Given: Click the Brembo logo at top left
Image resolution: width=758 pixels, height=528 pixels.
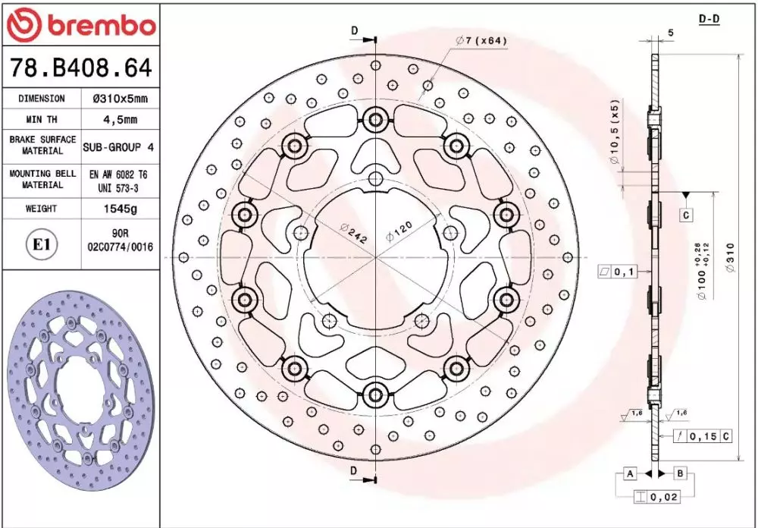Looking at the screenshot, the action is click(x=81, y=25).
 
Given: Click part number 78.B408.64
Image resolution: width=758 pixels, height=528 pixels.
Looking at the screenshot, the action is click(x=81, y=68).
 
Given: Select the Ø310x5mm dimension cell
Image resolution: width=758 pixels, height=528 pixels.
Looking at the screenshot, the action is click(x=121, y=99).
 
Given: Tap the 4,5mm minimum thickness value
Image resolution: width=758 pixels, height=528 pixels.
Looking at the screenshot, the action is click(x=121, y=119).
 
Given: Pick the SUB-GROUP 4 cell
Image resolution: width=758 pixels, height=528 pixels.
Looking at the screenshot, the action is click(x=118, y=146).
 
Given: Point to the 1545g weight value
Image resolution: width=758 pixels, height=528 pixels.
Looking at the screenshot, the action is click(x=121, y=209).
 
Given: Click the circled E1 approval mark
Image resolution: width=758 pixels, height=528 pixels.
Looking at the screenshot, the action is click(x=42, y=244).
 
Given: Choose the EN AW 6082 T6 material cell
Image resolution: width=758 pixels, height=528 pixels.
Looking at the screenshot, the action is click(x=118, y=181).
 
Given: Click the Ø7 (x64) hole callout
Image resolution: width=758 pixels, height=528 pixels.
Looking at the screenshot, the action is click(x=481, y=41).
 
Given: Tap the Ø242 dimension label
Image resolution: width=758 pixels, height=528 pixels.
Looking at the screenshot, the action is click(x=353, y=233).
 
